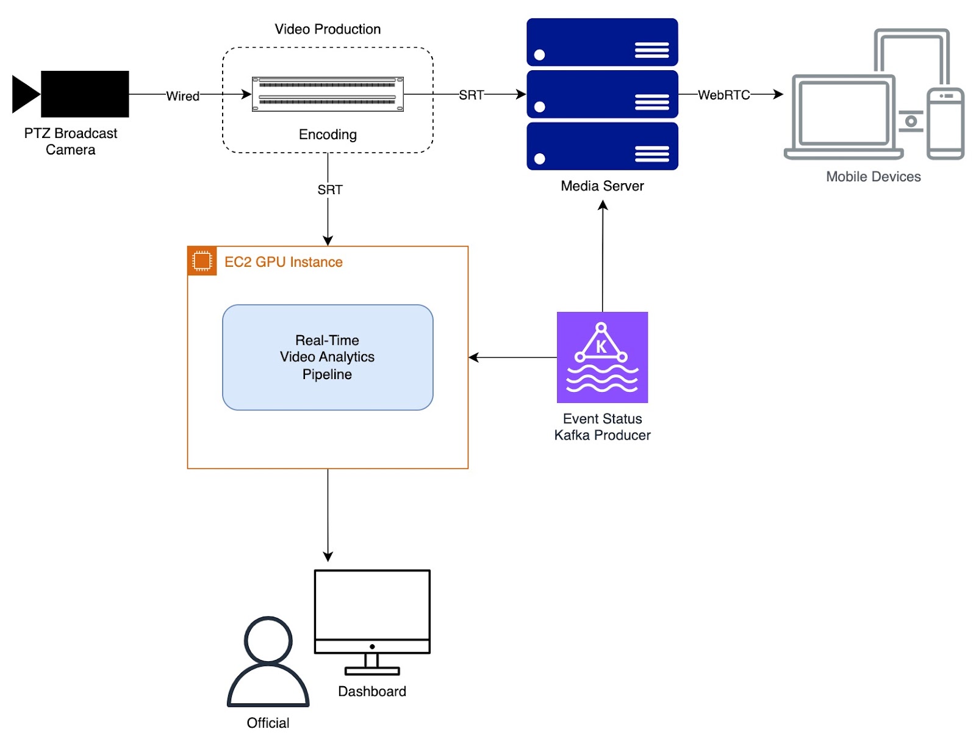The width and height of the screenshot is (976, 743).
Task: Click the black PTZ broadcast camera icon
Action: (x=70, y=94)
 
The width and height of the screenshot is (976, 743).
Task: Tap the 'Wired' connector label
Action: (x=182, y=96)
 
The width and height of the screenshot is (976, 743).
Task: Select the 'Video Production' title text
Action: (x=328, y=29)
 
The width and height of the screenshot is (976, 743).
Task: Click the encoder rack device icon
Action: (x=328, y=94)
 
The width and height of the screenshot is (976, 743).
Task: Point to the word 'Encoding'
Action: (x=328, y=134)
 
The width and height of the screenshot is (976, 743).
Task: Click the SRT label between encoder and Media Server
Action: (x=472, y=95)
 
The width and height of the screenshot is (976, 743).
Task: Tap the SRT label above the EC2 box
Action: (x=330, y=190)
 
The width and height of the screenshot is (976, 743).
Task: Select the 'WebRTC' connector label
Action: (x=724, y=95)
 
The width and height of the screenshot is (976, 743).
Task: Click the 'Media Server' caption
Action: (x=603, y=186)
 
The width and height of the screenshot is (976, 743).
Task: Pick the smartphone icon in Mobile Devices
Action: (x=945, y=123)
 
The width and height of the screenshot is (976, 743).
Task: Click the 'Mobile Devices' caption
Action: (x=874, y=176)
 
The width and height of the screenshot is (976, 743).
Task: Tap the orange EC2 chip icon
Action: (x=202, y=261)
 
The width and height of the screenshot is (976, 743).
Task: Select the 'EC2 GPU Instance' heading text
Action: (x=284, y=262)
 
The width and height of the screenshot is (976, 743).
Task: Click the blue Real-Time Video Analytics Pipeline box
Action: (x=328, y=357)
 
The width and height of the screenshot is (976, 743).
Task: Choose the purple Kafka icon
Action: (x=603, y=357)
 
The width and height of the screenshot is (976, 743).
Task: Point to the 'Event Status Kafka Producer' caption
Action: (x=603, y=427)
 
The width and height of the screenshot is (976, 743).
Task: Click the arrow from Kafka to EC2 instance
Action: (x=513, y=357)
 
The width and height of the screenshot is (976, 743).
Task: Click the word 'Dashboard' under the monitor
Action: (x=372, y=691)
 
